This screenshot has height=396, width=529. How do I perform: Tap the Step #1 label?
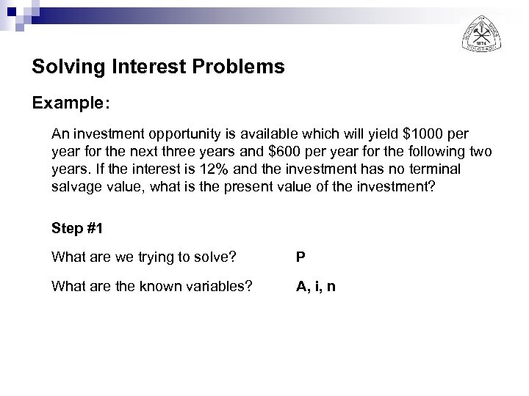click(x=77, y=228)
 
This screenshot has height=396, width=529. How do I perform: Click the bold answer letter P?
click(x=301, y=257)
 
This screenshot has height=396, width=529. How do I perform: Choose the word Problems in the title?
click(x=242, y=68)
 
